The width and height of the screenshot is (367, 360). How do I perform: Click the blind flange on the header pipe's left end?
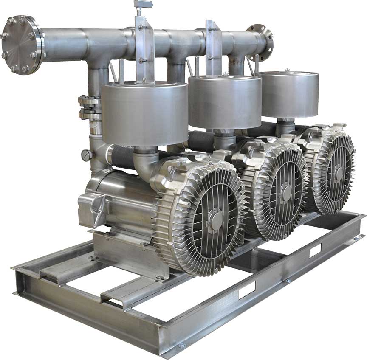(21, 45)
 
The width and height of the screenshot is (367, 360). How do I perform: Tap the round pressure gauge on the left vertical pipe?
(87, 155)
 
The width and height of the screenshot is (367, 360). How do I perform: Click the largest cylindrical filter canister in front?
(144, 114)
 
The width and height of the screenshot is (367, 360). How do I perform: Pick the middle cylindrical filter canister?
(225, 102)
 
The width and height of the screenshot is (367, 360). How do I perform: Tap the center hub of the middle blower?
(286, 193)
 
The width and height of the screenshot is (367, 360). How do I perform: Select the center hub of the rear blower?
(339, 173)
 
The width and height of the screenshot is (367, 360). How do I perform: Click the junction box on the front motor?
(93, 208)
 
